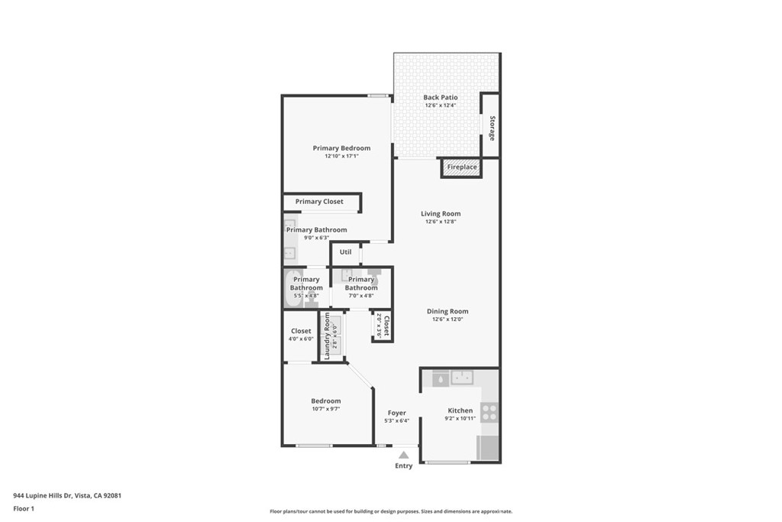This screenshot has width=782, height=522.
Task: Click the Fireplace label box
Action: pyautogui.click(x=461, y=167)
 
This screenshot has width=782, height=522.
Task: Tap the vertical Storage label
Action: pyautogui.click(x=492, y=128)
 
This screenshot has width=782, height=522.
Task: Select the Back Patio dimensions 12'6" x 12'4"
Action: pyautogui.click(x=441, y=105)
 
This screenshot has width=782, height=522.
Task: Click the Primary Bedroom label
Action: pyautogui.click(x=341, y=148)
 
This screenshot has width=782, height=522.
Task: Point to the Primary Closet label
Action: pyautogui.click(x=319, y=202)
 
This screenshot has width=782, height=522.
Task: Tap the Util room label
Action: pyautogui.click(x=345, y=252)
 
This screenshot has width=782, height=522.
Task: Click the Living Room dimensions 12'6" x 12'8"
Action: pyautogui.click(x=441, y=222)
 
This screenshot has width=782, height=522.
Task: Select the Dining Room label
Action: pyautogui.click(x=448, y=311)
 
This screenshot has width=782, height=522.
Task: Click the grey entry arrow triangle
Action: pyautogui.click(x=403, y=455)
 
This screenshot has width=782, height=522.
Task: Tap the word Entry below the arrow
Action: pyautogui.click(x=403, y=466)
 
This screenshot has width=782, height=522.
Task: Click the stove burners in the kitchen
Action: pyautogui.click(x=489, y=413)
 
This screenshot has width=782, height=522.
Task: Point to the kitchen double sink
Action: pyautogui.click(x=461, y=377)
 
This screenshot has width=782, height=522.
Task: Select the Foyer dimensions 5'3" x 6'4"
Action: pyautogui.click(x=396, y=420)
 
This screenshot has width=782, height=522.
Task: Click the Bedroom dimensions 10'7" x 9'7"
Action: pyautogui.click(x=325, y=409)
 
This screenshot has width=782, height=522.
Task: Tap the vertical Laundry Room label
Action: pyautogui.click(x=327, y=336)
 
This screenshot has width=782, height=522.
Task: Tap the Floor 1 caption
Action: pyautogui.click(x=24, y=508)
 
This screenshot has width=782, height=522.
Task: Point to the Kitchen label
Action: pyautogui.click(x=460, y=410)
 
